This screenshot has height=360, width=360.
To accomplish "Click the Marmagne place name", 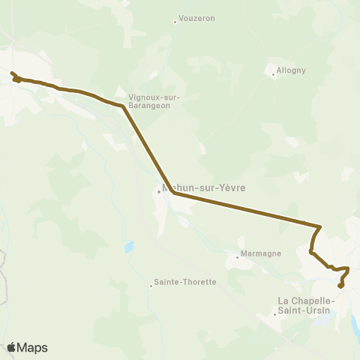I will coord(261,253).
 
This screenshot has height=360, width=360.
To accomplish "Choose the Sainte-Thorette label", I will coord(184,283).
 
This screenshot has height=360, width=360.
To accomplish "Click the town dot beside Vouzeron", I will coord(175,21).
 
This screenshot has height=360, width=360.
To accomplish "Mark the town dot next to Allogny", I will coord(273,73).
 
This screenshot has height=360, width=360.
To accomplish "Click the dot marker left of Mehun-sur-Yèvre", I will coord(159,190).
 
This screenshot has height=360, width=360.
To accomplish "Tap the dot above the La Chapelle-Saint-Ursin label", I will coord(274,313).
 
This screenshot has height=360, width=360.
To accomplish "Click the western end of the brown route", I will coord(12,73).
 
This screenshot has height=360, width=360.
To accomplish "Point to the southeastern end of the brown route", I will coord(340,286).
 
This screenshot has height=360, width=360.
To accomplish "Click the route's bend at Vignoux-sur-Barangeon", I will coord(123,107).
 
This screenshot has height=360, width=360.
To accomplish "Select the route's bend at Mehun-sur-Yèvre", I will coord(174,192).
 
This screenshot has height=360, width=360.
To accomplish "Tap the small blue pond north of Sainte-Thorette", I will coord(130,246).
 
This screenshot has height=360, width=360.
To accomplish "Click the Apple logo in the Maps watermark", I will coord(12,347).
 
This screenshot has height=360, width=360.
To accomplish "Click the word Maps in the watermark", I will coord(33,348).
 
